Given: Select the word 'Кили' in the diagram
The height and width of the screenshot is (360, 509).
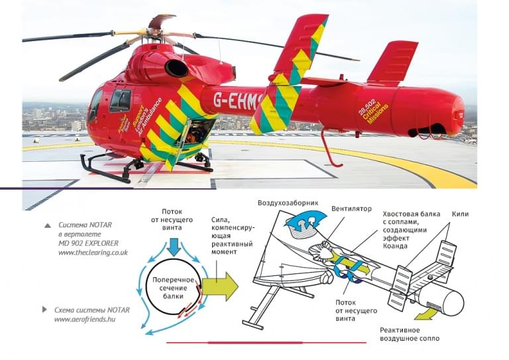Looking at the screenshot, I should point(460,214).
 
